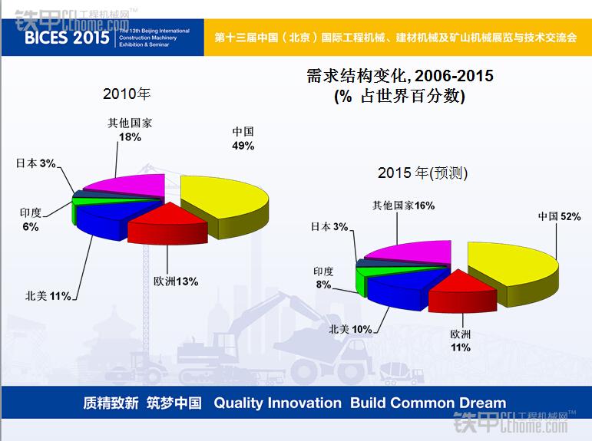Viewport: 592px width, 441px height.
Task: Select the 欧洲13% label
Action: pos(176,281)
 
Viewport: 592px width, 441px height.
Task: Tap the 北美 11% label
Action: pos(48,295)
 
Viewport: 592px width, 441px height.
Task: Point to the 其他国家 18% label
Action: pos(130,130)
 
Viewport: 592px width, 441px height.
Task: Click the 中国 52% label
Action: pos(559,217)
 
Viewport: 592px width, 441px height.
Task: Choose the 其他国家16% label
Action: pos(404,206)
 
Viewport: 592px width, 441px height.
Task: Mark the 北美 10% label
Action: pos(350,329)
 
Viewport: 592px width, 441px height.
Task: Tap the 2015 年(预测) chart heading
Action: pos(423,173)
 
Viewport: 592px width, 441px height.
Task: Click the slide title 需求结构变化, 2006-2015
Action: pos(399,77)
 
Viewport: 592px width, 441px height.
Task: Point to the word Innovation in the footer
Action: pos(304,403)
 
